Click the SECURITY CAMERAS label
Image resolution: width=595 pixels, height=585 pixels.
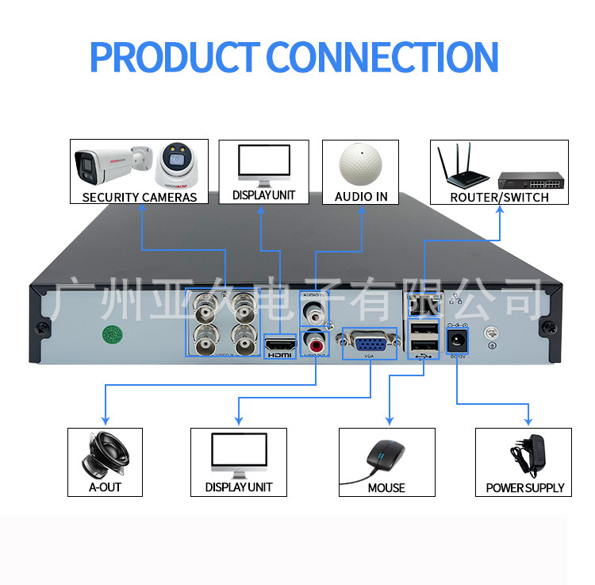click(140, 197)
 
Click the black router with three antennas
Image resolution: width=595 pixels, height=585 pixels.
click(462, 167)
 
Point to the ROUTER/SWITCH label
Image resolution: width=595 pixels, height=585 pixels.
click(499, 197)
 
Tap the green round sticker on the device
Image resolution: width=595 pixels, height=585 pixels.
click(113, 334)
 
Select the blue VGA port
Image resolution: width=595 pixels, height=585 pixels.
click(369, 344)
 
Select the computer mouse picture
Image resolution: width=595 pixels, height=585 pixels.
click(386, 457)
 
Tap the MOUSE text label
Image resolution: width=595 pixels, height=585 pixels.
click(386, 487)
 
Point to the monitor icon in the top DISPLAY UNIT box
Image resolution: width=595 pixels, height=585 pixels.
click(263, 164)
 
